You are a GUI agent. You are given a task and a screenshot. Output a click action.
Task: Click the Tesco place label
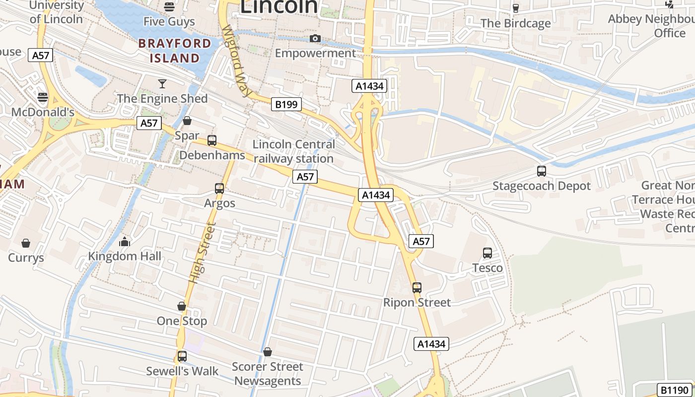pyautogui.click(x=487, y=268)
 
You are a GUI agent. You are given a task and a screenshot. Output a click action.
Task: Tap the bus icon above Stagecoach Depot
pyautogui.click(x=542, y=171)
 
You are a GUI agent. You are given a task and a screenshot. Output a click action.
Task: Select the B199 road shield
pyautogui.click(x=286, y=104)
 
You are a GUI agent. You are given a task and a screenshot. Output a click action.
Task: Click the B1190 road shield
pyautogui.click(x=674, y=390)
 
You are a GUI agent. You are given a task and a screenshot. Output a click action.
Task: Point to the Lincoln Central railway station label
pyautogui.click(x=294, y=151)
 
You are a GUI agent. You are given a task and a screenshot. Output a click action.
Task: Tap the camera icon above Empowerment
pyautogui.click(x=315, y=39)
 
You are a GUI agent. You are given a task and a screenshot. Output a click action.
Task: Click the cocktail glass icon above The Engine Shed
pyautogui.click(x=162, y=83)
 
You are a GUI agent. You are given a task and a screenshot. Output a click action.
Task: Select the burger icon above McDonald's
pyautogui.click(x=43, y=97)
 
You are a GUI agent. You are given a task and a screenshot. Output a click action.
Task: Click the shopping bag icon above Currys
pyautogui.click(x=26, y=243)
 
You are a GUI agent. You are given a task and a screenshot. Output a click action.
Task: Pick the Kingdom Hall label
pyautogui.click(x=125, y=257)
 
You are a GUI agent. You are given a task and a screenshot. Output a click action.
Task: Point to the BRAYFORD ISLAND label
pyautogui.click(x=175, y=51)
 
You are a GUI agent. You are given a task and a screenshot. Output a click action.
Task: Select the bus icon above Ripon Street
pyautogui.click(x=417, y=287)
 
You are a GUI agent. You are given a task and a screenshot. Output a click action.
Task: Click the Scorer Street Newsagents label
pyautogui.click(x=268, y=374)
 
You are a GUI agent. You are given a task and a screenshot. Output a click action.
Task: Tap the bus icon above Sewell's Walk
pyautogui.click(x=182, y=356)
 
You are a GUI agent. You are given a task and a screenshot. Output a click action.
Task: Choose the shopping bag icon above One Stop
pyautogui.click(x=182, y=306)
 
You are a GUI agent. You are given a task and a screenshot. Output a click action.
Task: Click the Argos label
pyautogui.click(x=219, y=203)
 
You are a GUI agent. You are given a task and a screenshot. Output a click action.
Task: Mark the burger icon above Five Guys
pyautogui.click(x=169, y=7)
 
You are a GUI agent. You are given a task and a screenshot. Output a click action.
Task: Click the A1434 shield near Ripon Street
pyautogui.click(x=431, y=344)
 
